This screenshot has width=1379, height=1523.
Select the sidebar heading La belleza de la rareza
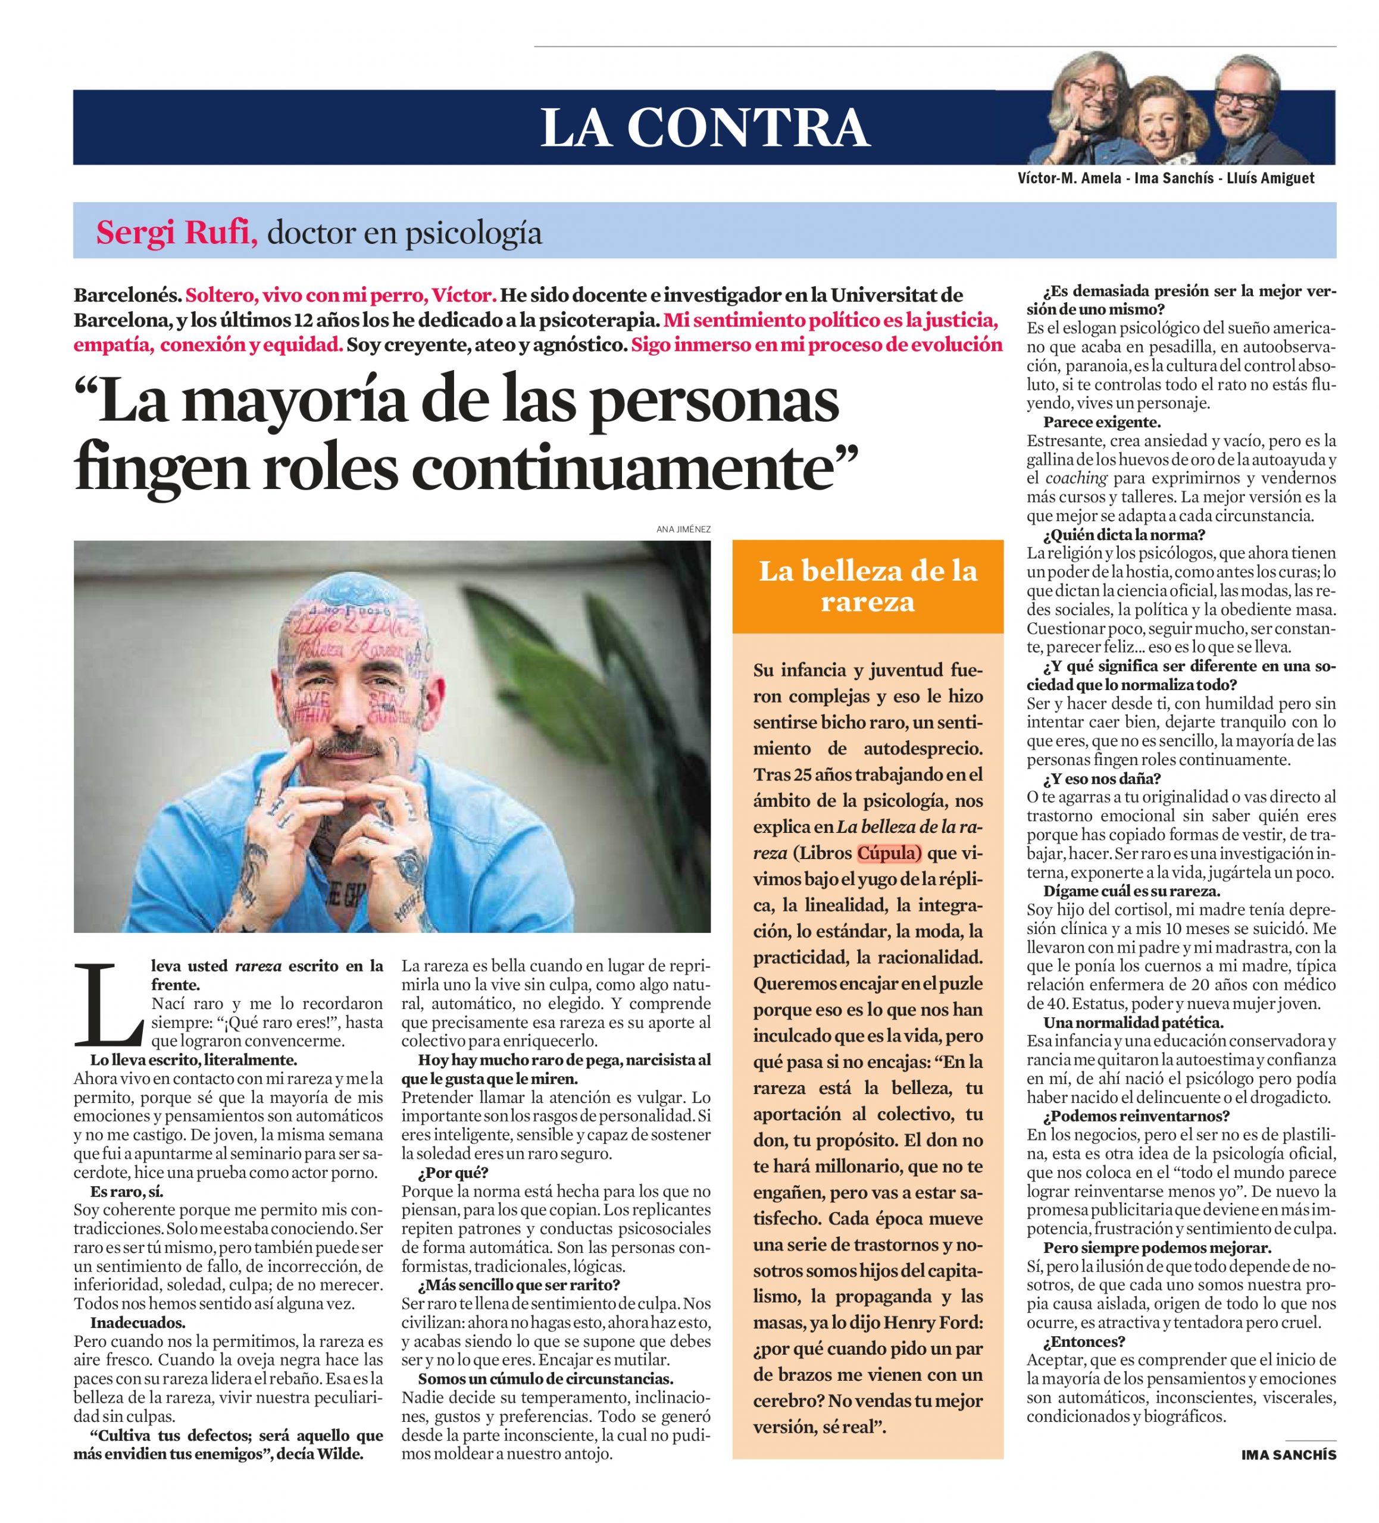pyautogui.click(x=867, y=585)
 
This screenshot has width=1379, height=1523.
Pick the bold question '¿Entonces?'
pyautogui.click(x=1084, y=1342)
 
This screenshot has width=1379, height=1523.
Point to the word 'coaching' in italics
pyautogui.click(x=1076, y=478)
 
